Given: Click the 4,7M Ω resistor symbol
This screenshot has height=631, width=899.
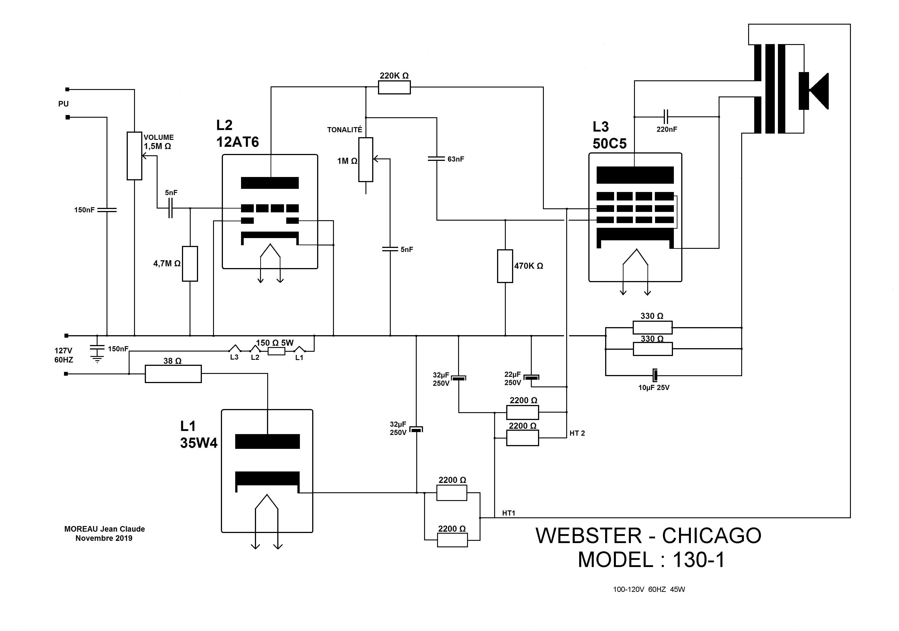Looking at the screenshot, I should (190, 264).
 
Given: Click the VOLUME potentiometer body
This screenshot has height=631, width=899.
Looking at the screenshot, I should (134, 156).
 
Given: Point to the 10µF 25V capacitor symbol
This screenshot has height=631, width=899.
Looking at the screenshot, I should (655, 375).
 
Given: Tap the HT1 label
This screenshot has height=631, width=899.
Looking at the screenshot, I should (509, 513).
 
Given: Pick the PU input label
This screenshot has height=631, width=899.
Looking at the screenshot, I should (63, 104).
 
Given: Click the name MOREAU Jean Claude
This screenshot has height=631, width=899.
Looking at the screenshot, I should (105, 529).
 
